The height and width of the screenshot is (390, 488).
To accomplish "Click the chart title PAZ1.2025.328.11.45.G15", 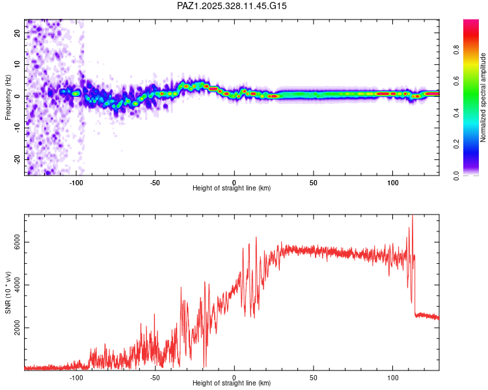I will click(232, 6).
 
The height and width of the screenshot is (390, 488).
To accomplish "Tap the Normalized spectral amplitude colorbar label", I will click(483, 97).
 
